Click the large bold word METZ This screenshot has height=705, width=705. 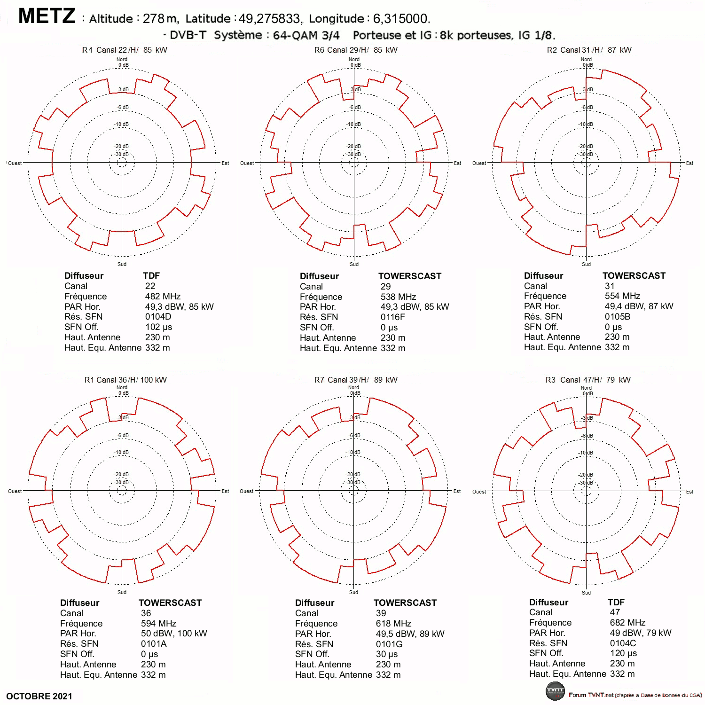click(x=47, y=16)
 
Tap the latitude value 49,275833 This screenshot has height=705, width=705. click(x=269, y=19)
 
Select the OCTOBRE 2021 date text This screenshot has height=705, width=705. click(x=39, y=696)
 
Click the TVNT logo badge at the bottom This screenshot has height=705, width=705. click(x=555, y=690)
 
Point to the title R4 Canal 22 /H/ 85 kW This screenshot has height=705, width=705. click(x=125, y=50)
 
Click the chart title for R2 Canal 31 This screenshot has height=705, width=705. click(x=589, y=50)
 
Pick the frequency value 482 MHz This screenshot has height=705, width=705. click(x=163, y=297)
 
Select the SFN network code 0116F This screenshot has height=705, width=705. click(x=393, y=317)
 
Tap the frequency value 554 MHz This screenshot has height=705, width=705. click(x=622, y=296)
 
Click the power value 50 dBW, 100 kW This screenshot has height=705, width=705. click(x=174, y=634)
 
